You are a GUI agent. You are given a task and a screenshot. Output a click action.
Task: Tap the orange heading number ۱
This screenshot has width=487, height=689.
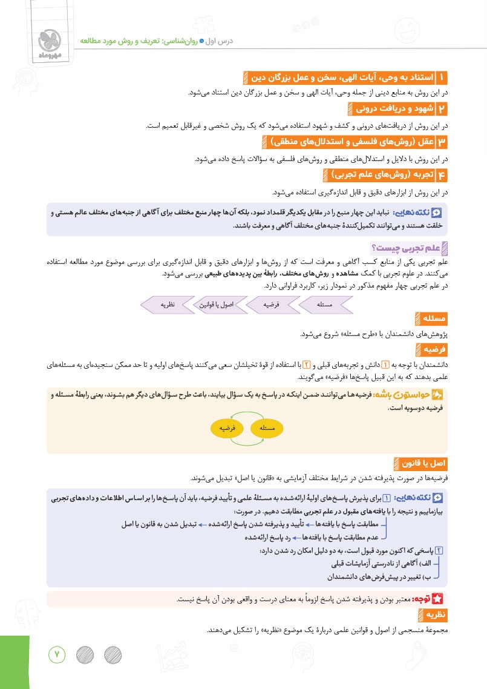442,77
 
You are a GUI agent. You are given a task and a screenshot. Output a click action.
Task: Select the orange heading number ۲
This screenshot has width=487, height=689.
442,110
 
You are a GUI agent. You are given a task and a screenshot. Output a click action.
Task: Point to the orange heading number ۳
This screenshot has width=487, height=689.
442,142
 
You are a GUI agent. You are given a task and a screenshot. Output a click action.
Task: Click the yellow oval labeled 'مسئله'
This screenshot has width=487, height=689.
267,428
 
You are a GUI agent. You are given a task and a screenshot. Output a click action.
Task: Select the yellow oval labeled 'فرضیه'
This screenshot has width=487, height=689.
227,428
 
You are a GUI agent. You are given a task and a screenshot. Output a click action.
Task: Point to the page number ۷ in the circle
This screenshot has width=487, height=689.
57,654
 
